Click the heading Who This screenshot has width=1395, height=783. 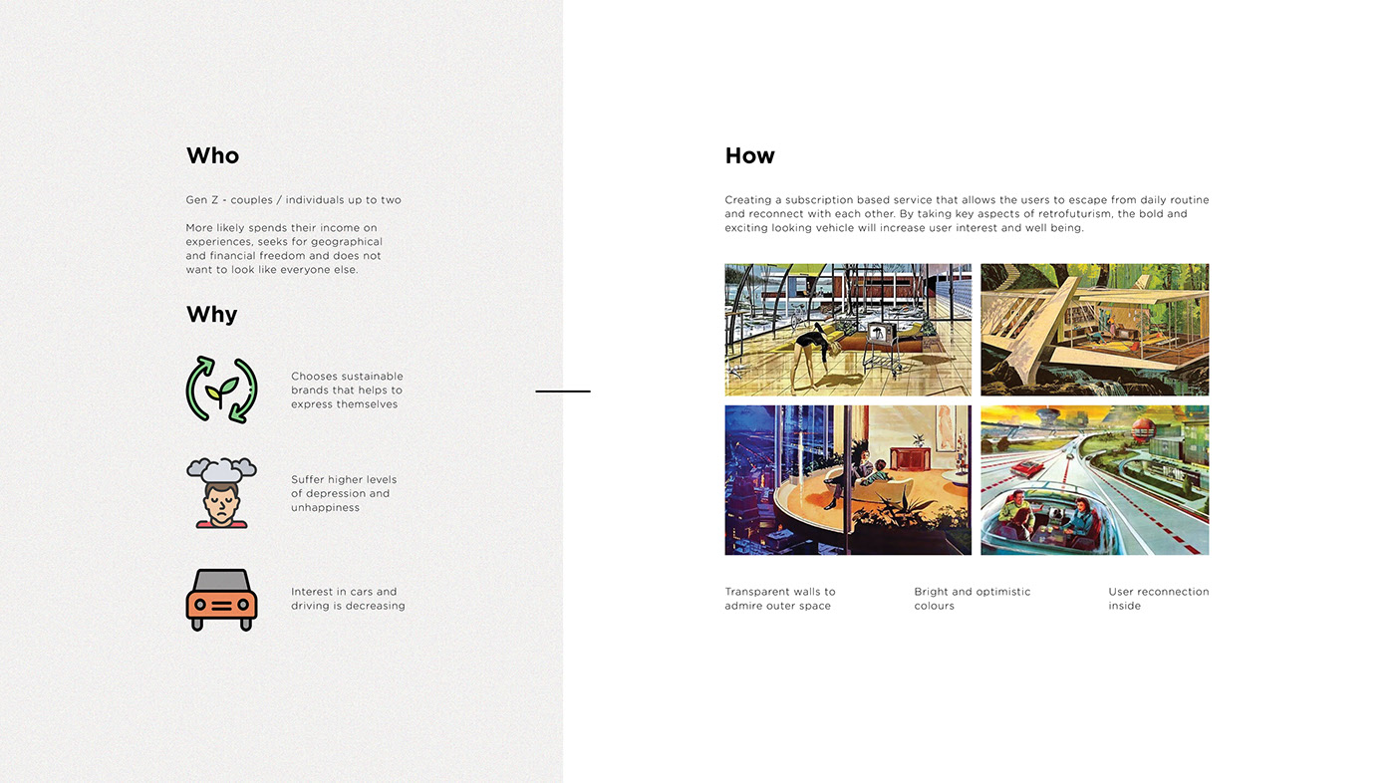212,155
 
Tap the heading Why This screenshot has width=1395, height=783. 211,315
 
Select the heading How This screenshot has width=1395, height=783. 749,155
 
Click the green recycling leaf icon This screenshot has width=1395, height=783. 221,390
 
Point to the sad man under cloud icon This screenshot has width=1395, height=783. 221,492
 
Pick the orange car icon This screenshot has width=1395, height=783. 221,600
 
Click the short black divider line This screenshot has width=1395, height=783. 563,391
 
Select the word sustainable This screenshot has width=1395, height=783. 372,377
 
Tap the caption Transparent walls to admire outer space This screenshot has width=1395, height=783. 780,599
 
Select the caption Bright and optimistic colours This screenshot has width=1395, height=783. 972,599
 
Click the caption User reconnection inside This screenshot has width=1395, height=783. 1158,599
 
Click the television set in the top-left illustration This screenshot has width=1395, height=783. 880,336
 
